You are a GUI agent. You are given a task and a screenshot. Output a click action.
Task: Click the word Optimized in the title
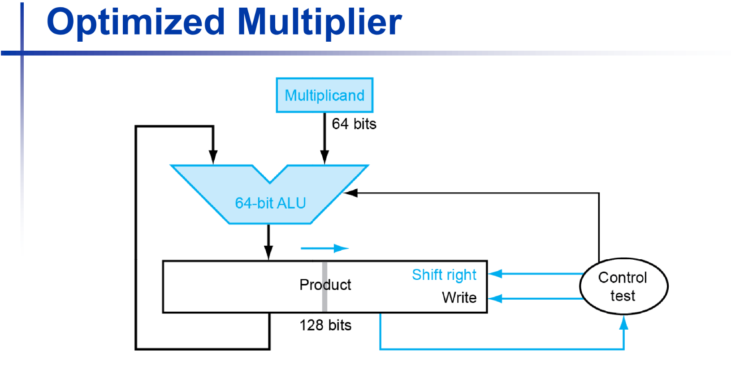pos(135,22)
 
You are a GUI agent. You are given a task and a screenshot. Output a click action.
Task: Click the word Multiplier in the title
pos(319,22)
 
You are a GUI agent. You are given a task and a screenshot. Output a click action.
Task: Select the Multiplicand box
pos(324,95)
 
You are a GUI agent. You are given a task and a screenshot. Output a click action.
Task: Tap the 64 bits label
pos(354,124)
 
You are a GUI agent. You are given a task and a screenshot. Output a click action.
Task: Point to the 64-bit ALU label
pos(270,203)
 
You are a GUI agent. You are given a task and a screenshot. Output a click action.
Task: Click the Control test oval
pos(623,286)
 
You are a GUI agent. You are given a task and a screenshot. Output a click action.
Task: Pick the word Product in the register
pos(325,285)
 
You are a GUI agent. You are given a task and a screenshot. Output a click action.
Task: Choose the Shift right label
pos(444,274)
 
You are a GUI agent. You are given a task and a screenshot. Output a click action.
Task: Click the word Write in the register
pos(459,297)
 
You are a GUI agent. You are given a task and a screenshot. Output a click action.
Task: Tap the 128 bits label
pos(325,325)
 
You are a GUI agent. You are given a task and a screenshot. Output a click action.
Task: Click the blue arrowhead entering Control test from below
pos(623,322)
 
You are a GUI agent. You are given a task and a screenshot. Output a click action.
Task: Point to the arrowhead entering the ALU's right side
pos(350,193)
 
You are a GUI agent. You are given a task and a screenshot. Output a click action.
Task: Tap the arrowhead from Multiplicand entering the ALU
pos(324,157)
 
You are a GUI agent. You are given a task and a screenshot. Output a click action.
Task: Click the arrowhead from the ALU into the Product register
pos(268,253)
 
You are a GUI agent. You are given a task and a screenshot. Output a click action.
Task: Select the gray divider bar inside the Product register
pos(324,287)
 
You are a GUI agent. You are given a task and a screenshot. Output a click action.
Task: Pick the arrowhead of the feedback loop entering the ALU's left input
pos(213,157)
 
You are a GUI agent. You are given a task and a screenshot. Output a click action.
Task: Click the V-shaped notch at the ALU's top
pos(270,177)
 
